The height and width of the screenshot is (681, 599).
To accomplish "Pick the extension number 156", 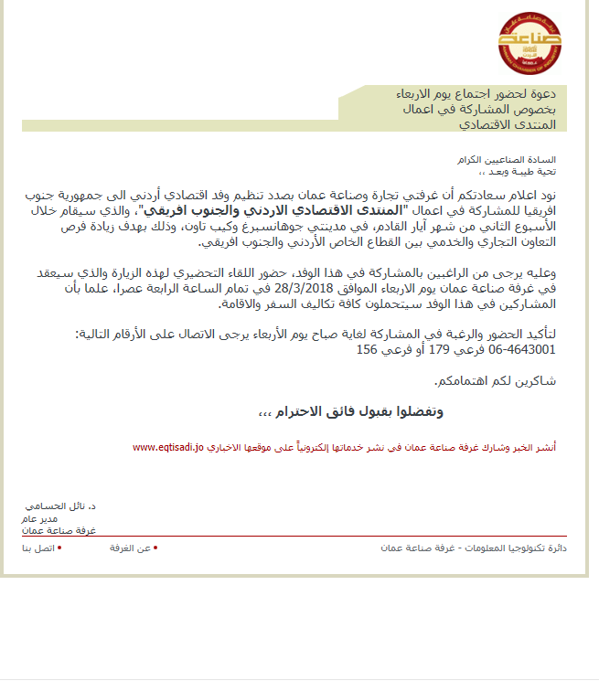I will pyautogui.click(x=368, y=349).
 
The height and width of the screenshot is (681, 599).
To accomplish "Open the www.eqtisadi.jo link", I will pyautogui.click(x=167, y=448).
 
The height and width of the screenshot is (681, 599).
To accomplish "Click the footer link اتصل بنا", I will pyautogui.click(x=39, y=548).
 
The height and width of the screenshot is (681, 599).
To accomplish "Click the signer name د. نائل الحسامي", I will pyautogui.click(x=60, y=505).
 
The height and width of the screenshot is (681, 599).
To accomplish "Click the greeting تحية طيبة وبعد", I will pyautogui.click(x=521, y=171).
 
